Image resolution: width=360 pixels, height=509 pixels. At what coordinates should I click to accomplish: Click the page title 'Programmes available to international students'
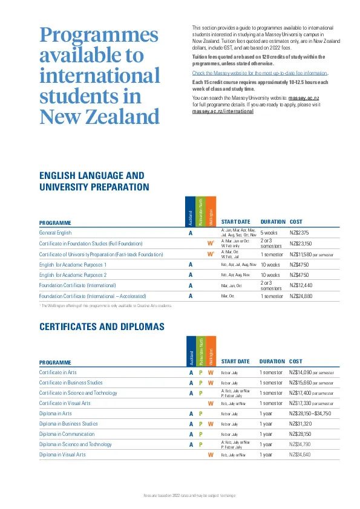click(99, 75)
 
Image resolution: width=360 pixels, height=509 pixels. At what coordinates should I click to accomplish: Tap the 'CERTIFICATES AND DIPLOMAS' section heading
click(102, 326)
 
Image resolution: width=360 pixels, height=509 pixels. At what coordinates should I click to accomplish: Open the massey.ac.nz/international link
click(223, 112)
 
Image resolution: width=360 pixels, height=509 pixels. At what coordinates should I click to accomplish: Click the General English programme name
click(55, 233)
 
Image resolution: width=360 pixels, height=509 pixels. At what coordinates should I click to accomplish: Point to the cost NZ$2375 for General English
click(300, 233)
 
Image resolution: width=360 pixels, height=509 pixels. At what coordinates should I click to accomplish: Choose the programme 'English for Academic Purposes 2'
click(73, 275)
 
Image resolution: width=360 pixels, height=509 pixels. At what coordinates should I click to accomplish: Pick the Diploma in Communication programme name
click(67, 435)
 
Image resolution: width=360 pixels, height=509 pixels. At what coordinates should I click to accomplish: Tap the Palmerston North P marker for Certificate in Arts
click(200, 372)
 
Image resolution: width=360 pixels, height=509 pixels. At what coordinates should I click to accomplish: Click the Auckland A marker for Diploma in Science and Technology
click(191, 445)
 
